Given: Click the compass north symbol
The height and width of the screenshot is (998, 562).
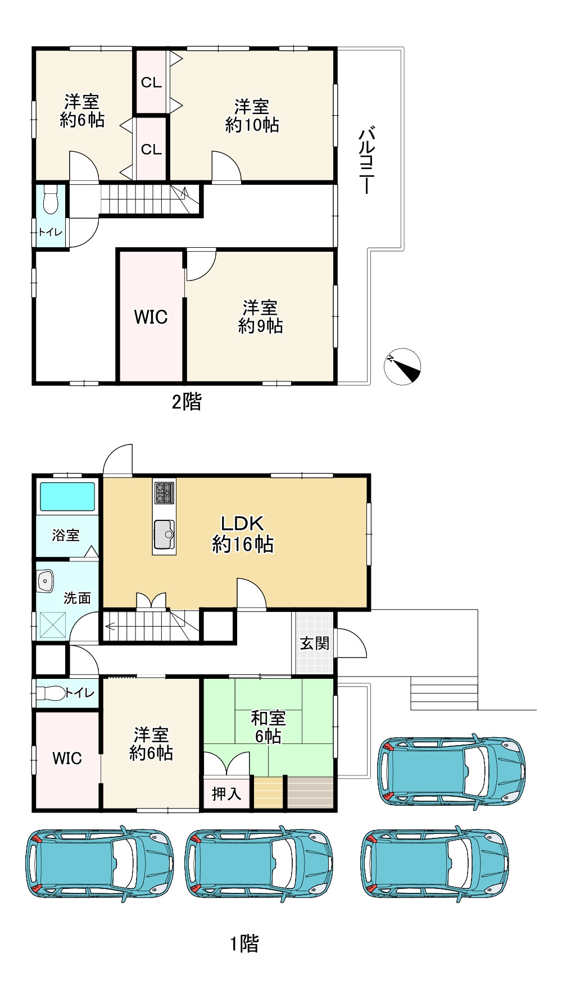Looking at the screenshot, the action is pyautogui.click(x=402, y=366).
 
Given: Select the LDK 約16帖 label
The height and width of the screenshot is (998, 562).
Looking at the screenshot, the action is pyautogui.click(x=243, y=533).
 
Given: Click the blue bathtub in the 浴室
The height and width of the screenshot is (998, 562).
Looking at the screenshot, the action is pyautogui.click(x=67, y=497).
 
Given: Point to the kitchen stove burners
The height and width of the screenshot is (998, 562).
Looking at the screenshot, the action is pyautogui.click(x=164, y=493).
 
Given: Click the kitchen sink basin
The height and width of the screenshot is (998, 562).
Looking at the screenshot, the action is pyautogui.click(x=164, y=534).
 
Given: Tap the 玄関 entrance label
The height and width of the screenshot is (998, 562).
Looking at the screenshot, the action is pyautogui.click(x=315, y=643).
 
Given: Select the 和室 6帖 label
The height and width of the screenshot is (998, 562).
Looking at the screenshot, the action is pyautogui.click(x=268, y=727).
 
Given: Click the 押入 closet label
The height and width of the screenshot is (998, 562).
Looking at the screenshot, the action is pyautogui.click(x=226, y=794).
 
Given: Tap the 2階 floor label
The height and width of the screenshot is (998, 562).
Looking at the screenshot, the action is pyautogui.click(x=187, y=402).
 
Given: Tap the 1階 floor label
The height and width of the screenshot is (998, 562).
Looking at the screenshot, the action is pyautogui.click(x=244, y=943).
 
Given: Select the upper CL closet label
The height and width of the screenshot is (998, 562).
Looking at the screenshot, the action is pyautogui.click(x=151, y=83).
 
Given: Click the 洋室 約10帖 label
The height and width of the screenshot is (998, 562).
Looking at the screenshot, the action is pyautogui.click(x=252, y=115).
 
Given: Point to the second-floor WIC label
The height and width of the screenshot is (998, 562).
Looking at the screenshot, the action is pyautogui.click(x=151, y=317).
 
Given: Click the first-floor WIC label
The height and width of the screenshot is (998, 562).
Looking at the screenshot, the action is pyautogui.click(x=67, y=758).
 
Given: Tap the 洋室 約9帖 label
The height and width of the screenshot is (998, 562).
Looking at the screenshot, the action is pyautogui.click(x=260, y=317).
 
